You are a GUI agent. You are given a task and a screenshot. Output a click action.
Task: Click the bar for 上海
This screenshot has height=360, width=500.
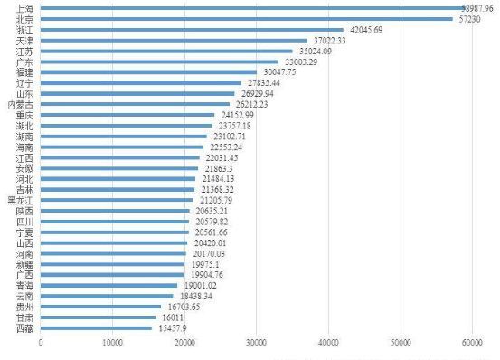(x=253, y=7)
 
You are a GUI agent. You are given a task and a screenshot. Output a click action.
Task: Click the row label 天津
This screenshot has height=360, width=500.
(x=27, y=40)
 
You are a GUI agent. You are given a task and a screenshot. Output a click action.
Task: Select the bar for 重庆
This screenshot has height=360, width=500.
(x=127, y=115)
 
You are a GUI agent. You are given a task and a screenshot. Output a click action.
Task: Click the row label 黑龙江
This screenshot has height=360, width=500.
(x=22, y=200)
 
